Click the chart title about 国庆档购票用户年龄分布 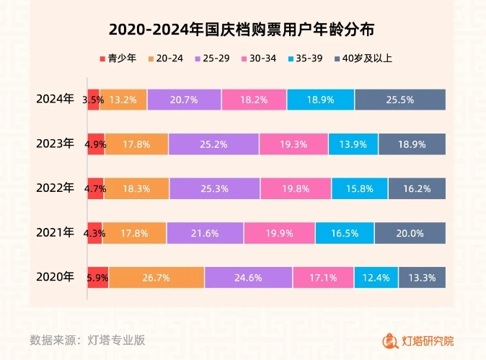242,30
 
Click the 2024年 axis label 56,100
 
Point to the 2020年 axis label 56,276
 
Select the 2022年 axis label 56,188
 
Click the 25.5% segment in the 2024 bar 400,100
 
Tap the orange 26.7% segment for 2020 156,277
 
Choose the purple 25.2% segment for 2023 213,144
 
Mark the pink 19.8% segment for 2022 296,189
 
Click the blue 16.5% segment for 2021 344,233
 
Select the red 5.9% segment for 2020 97,277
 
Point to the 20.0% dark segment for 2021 410,233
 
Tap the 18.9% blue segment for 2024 320,100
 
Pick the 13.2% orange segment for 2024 123,100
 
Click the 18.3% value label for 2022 136,189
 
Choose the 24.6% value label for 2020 248,277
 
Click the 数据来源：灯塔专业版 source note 87,340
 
